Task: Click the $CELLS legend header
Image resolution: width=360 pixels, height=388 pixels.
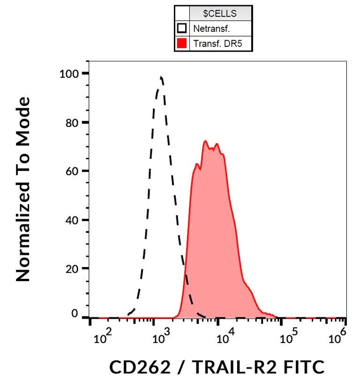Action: coord(220,13)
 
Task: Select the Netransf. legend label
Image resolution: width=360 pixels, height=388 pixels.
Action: coord(211,29)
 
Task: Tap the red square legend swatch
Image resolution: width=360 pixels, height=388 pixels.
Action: coord(182,44)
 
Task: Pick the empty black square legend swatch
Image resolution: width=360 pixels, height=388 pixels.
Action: coord(182,29)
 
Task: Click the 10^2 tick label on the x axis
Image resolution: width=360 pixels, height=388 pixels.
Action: coord(103,337)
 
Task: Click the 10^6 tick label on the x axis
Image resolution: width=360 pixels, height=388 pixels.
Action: coord(337,337)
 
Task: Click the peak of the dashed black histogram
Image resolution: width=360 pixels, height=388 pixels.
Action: coord(161,77)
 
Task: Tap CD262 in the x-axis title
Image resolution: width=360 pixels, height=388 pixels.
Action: coord(140,367)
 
